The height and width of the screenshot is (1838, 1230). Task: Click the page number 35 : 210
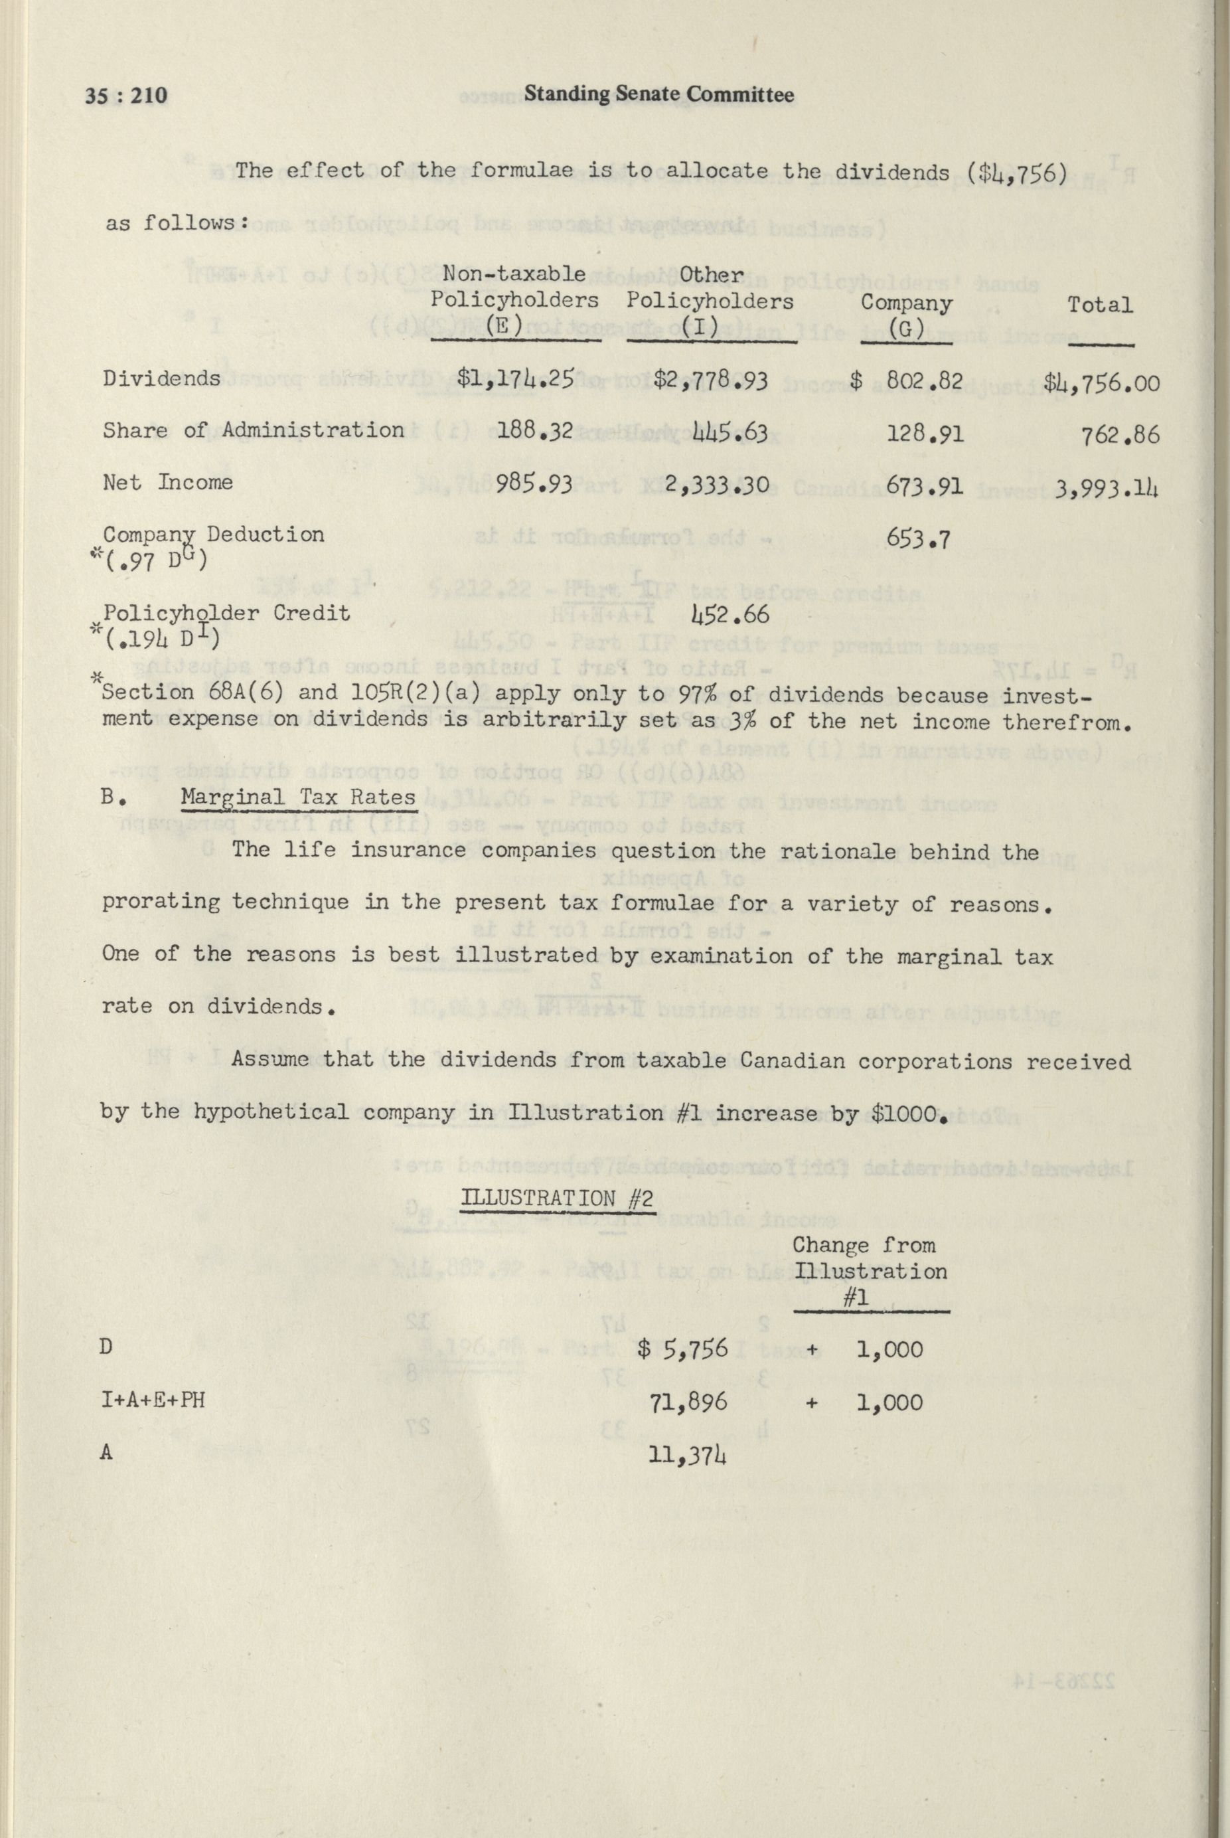[x=126, y=96]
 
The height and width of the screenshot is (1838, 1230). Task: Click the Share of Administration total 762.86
[x=1119, y=434]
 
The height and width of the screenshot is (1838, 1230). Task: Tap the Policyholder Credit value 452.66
[x=730, y=615]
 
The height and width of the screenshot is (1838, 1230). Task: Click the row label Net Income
[x=168, y=481]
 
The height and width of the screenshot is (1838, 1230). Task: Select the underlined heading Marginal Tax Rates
[x=298, y=797]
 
